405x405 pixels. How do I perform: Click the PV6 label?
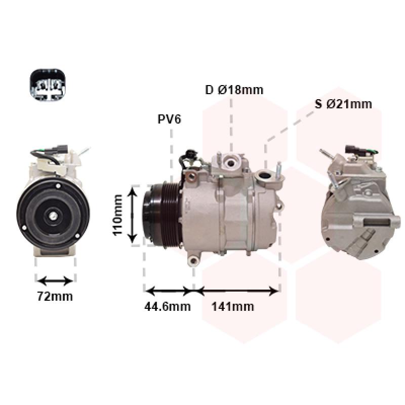pyautogui.click(x=169, y=119)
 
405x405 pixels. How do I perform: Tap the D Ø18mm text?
pyautogui.click(x=234, y=90)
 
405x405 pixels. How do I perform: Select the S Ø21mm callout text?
pyautogui.click(x=343, y=104)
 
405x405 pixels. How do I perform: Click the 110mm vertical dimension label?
pyautogui.click(x=117, y=215)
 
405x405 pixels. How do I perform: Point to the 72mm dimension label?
pyautogui.click(x=55, y=296)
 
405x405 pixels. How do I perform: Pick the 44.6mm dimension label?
pyautogui.click(x=168, y=307)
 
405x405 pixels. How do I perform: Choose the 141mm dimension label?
pyautogui.click(x=232, y=307)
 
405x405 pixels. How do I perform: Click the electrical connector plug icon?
pyautogui.click(x=48, y=85)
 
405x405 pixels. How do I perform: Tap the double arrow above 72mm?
pyautogui.click(x=55, y=281)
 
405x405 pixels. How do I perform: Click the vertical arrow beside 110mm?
pyautogui.click(x=133, y=215)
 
